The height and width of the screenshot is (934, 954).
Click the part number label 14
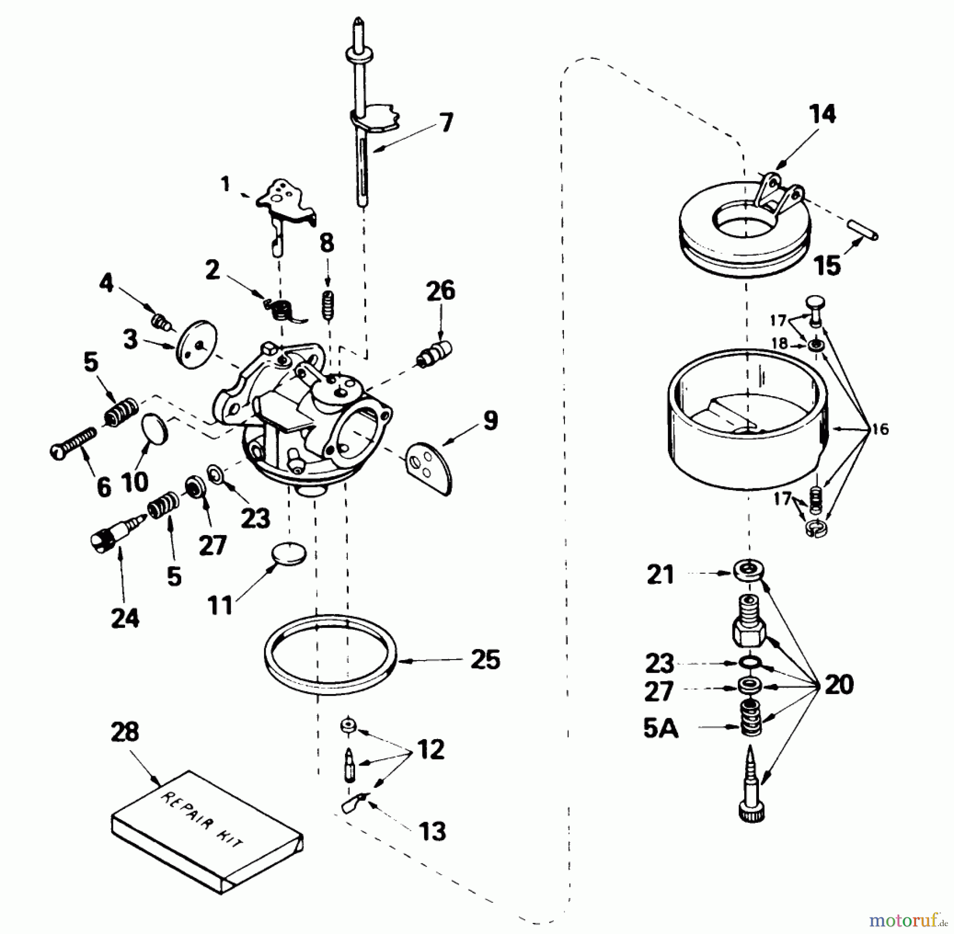[823, 114]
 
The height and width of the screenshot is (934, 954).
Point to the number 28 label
[125, 732]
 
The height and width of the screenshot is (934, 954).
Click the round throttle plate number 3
[195, 344]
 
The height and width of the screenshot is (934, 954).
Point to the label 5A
[660, 729]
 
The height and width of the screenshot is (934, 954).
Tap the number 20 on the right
[839, 684]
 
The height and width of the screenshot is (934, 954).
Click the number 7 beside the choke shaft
[446, 123]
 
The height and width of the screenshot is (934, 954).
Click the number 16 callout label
[880, 429]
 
